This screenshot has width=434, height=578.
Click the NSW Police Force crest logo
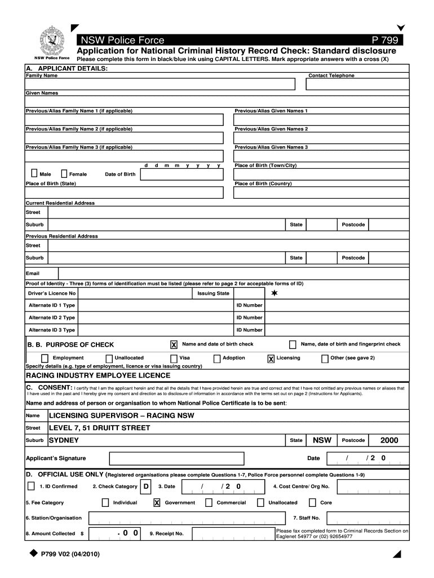click(x=50, y=41)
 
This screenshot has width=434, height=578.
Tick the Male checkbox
click(x=34, y=174)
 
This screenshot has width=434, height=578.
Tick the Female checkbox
click(x=64, y=174)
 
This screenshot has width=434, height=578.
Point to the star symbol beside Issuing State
click(x=274, y=294)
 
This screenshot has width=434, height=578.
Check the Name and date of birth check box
click(x=174, y=344)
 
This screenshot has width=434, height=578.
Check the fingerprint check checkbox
click(x=293, y=344)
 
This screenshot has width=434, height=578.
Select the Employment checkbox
click(x=45, y=358)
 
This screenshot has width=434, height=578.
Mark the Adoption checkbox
click(x=217, y=358)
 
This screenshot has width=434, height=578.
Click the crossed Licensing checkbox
click(x=271, y=358)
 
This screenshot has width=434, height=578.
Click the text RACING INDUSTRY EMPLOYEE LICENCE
click(x=98, y=375)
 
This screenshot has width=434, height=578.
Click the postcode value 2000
click(x=389, y=440)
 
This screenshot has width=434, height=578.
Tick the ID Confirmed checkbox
click(x=30, y=486)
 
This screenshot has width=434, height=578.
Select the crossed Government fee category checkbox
click(x=157, y=502)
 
